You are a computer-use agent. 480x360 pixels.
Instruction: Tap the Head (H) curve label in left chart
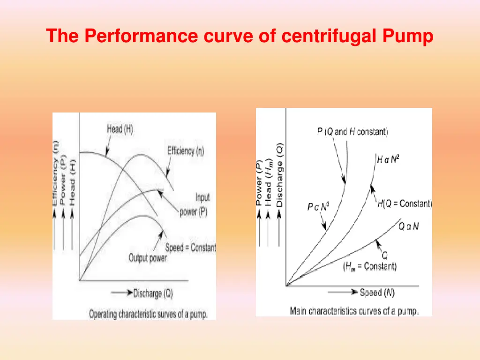(120, 129)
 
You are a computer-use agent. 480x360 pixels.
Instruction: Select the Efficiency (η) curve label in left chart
(186, 151)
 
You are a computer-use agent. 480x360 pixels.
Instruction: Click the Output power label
(148, 258)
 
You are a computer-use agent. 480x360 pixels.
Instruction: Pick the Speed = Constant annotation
(190, 247)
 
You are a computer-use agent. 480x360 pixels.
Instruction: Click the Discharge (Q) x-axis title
(153, 293)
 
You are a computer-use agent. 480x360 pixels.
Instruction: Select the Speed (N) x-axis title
(377, 293)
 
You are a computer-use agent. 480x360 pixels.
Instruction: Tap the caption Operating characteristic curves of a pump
(148, 314)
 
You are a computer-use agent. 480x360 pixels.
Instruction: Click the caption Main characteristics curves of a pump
(354, 310)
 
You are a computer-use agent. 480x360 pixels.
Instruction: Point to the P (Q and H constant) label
(352, 132)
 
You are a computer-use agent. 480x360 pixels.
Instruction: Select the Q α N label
(409, 226)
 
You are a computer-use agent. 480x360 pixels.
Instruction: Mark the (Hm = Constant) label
(369, 267)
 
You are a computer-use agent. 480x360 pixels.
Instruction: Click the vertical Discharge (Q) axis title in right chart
(280, 175)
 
